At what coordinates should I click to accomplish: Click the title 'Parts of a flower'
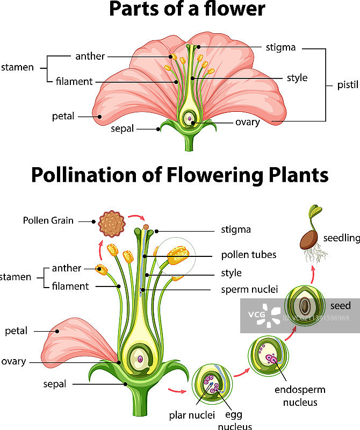click(187, 10)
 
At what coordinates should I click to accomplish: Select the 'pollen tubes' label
click(249, 255)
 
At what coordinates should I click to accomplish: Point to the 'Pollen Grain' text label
click(48, 220)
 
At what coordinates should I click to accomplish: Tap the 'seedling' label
click(341, 238)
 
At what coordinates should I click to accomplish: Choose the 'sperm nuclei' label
click(249, 290)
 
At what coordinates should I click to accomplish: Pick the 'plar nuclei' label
click(192, 414)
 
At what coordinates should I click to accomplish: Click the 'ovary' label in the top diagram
click(247, 122)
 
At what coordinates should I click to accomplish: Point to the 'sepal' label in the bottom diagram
click(55, 384)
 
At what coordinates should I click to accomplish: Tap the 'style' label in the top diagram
click(297, 78)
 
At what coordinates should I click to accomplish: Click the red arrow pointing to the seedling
click(313, 273)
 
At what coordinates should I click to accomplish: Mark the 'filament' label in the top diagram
click(74, 82)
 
